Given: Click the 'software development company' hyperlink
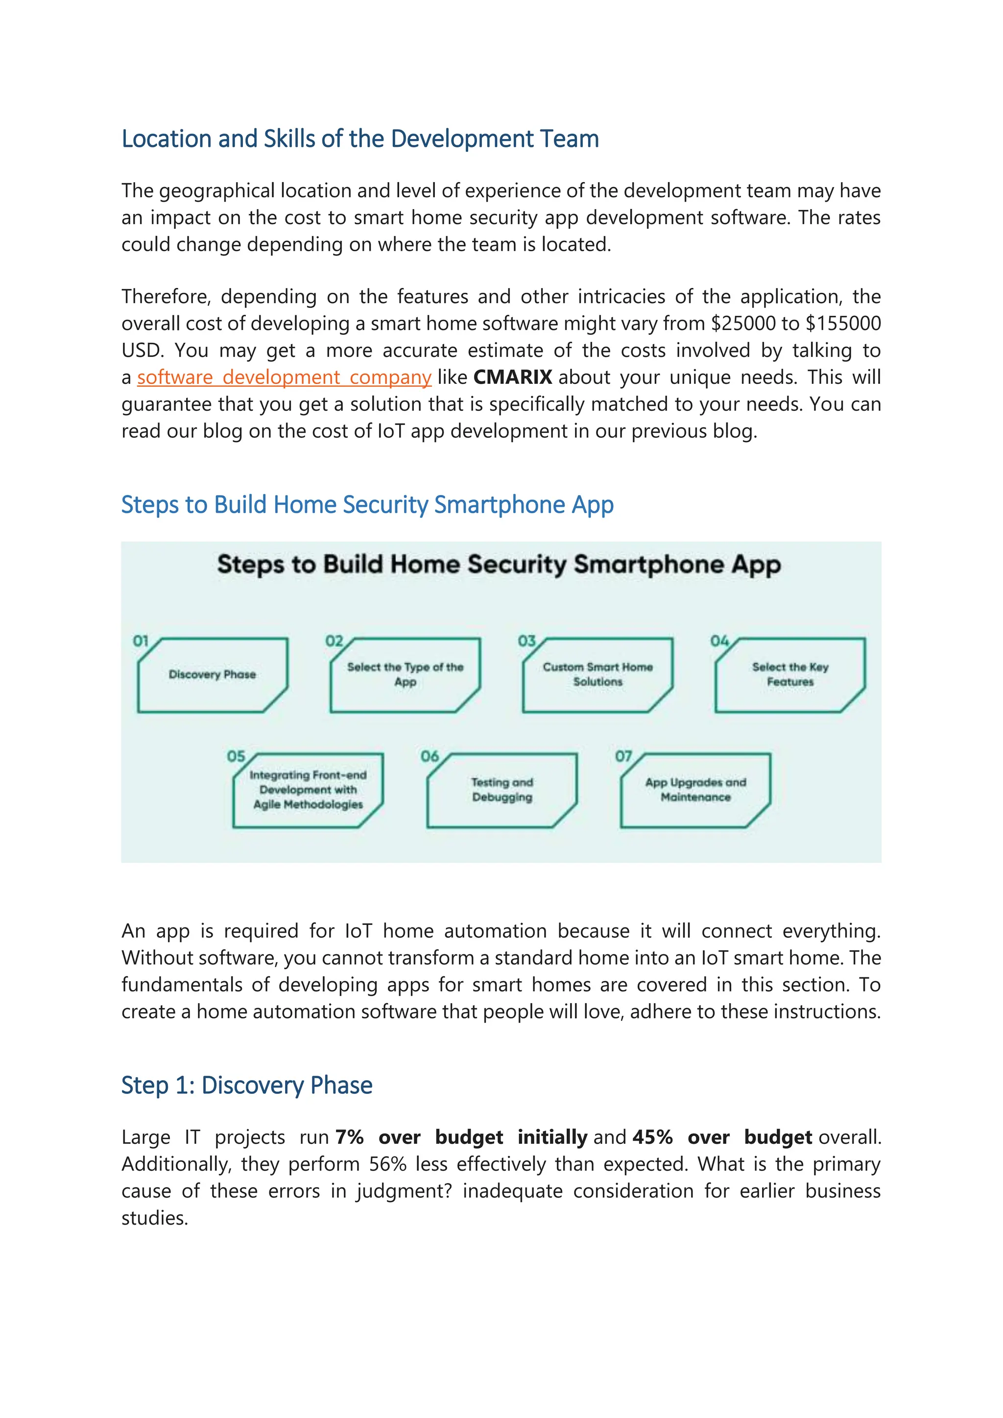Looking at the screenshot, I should (284, 378).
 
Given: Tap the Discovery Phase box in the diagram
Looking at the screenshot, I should (213, 674).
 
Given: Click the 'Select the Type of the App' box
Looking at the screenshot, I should (405, 674).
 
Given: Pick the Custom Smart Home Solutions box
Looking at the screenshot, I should (598, 674).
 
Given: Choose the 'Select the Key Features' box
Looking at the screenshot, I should (790, 674).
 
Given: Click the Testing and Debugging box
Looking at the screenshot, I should (501, 790).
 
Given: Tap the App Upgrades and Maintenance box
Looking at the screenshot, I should (695, 790).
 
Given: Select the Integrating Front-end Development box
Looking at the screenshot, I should (308, 790).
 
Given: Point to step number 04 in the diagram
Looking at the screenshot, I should (719, 641).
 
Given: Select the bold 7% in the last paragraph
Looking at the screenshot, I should (349, 1137).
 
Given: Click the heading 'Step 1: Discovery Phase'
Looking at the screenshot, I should (246, 1085).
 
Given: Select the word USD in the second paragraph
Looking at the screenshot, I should (141, 351).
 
